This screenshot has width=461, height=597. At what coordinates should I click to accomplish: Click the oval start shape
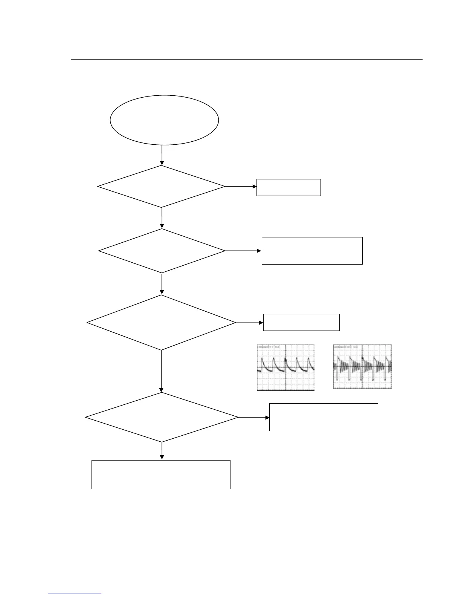tap(164, 120)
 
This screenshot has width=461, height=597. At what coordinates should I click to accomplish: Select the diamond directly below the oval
tap(162, 186)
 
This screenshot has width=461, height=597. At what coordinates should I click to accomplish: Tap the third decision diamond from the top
tap(161, 323)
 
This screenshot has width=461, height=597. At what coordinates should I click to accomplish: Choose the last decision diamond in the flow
tap(162, 417)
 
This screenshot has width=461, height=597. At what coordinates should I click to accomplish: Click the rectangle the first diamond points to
tap(289, 187)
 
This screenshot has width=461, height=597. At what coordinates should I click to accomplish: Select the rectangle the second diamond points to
tap(312, 251)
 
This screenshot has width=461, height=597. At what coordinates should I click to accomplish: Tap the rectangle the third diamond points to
tap(301, 322)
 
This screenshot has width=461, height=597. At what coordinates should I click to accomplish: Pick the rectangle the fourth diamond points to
tap(324, 417)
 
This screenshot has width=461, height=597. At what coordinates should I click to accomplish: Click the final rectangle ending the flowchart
tap(161, 474)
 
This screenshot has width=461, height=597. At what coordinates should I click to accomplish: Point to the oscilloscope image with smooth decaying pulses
tap(285, 367)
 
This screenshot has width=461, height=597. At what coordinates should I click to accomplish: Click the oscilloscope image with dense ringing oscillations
tap(362, 367)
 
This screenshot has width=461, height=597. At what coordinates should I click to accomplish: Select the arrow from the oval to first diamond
tap(162, 155)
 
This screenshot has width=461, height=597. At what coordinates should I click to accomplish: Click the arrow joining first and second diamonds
tap(162, 218)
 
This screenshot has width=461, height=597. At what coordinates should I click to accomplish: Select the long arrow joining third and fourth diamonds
tap(162, 372)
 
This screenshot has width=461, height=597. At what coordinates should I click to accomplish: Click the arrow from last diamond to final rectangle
tap(162, 451)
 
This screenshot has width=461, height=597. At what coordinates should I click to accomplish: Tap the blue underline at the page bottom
tap(75, 594)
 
